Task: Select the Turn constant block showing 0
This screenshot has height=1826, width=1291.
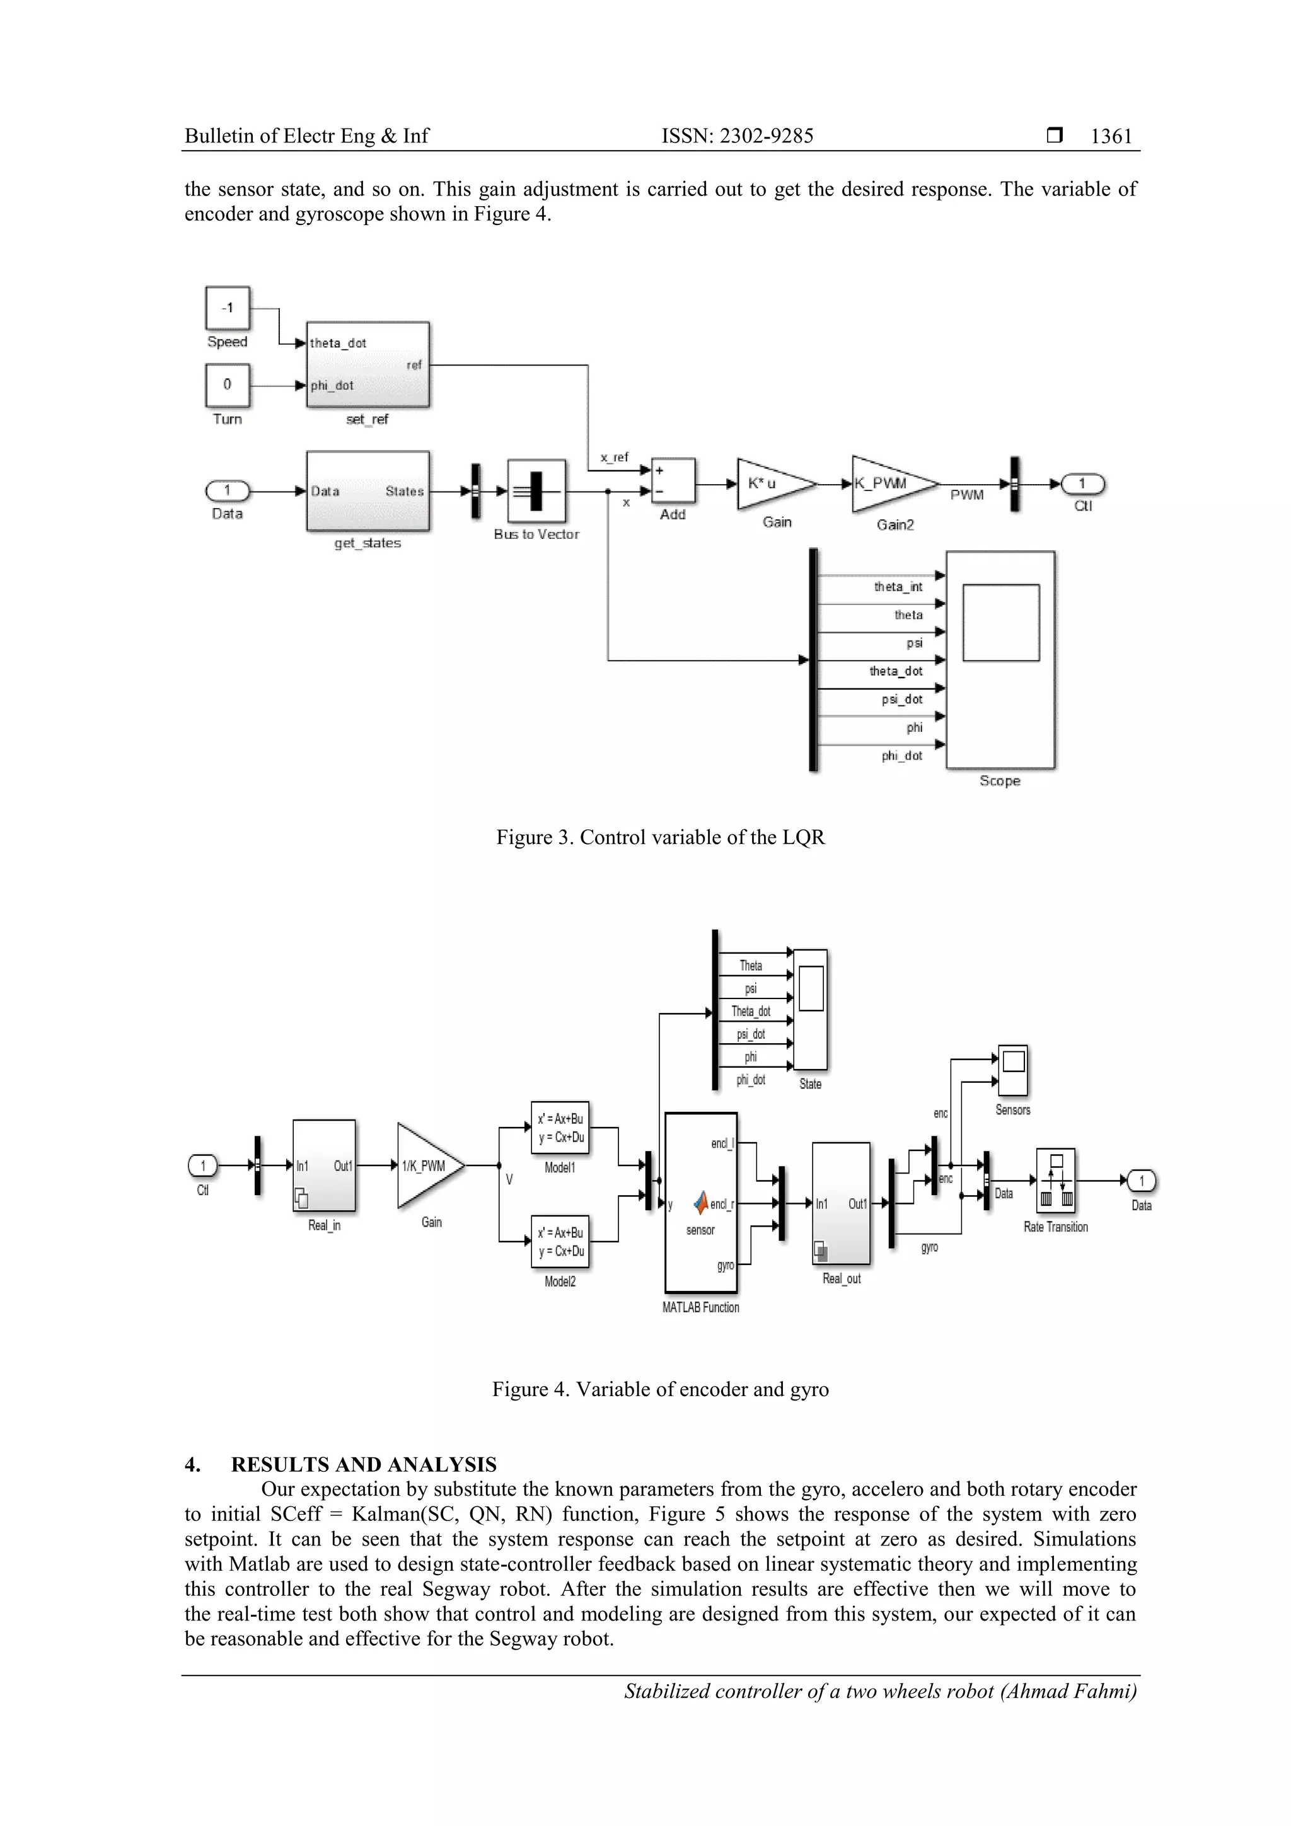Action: (228, 386)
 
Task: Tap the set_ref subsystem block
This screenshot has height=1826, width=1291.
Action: (368, 365)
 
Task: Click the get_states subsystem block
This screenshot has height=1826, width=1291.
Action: (368, 492)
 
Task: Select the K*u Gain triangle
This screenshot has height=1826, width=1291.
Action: (772, 483)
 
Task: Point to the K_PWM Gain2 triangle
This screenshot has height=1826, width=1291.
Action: (889, 483)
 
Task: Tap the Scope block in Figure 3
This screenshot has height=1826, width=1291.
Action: (1000, 659)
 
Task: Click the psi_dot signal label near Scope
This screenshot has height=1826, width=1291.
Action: (902, 700)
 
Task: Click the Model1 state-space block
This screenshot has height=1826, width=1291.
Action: (560, 1128)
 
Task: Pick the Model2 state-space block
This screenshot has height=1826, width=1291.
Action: (560, 1242)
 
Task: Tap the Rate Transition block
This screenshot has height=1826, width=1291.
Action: (1055, 1180)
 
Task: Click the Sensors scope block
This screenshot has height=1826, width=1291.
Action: (1012, 1070)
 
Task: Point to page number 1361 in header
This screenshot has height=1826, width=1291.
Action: (1111, 137)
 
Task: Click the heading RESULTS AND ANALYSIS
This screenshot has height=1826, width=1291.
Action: (364, 1465)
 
